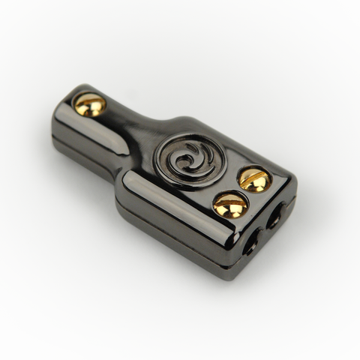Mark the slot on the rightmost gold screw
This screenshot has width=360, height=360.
[253, 179]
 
